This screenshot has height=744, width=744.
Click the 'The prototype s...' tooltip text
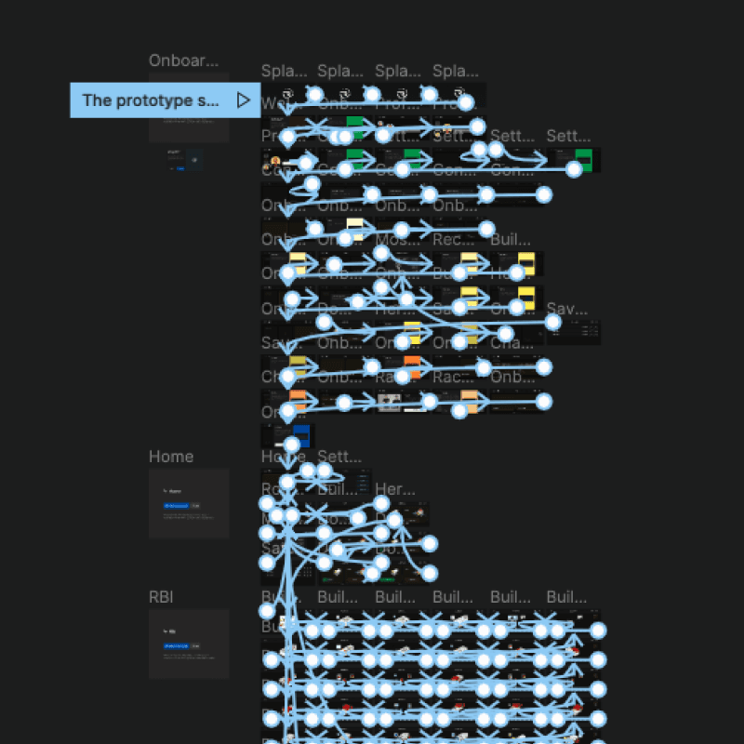150,100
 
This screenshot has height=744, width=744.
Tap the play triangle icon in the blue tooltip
243,100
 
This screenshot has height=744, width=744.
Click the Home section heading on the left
171,457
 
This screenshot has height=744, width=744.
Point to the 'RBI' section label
161,597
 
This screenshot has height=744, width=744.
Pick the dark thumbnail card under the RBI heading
189,644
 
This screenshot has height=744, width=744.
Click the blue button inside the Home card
176,506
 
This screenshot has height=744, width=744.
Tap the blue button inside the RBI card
176,645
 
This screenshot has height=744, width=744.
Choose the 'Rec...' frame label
452,239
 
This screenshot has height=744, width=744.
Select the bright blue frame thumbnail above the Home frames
299,435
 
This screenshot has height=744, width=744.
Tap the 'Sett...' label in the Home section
338,457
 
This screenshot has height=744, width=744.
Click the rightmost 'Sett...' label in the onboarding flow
567,136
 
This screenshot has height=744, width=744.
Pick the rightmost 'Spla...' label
456,71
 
